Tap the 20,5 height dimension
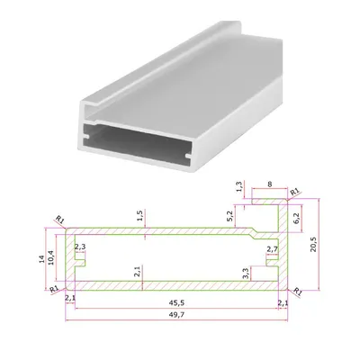pyautogui.click(x=313, y=244)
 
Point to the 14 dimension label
pyautogui.click(x=42, y=258)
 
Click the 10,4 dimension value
pyautogui.click(x=51, y=257)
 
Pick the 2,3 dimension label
pyautogui.click(x=80, y=247)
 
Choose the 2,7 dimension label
pyautogui.click(x=273, y=248)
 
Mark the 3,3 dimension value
pyautogui.click(x=246, y=274)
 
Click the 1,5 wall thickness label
pyautogui.click(x=140, y=216)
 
